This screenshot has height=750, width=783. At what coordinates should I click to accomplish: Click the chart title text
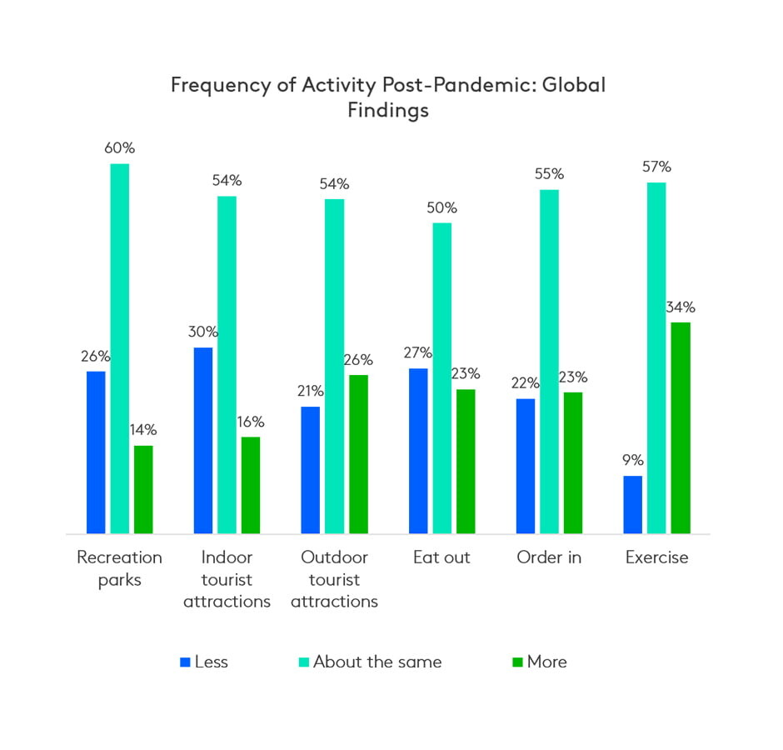click(x=387, y=97)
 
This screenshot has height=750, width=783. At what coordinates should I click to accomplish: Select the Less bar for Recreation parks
click(x=96, y=452)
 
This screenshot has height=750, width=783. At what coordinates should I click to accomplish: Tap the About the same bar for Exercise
click(x=656, y=357)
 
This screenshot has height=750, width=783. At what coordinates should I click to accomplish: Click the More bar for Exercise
click(x=681, y=427)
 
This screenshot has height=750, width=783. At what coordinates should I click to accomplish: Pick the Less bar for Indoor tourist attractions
click(x=202, y=440)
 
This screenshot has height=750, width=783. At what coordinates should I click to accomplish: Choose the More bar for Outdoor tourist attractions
click(x=358, y=454)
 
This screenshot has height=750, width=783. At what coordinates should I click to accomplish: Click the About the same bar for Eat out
click(x=441, y=377)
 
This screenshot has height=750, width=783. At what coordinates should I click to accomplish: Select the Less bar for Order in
click(x=526, y=466)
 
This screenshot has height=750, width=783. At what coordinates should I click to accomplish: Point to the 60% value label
click(x=120, y=148)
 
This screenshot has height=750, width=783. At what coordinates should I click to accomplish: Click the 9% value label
click(x=632, y=460)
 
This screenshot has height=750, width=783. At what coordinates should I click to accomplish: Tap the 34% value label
click(x=681, y=307)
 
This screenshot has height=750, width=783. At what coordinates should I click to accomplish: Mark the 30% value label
click(x=202, y=332)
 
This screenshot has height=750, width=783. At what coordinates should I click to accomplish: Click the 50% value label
click(x=441, y=207)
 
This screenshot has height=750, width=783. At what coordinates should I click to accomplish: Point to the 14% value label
click(x=142, y=430)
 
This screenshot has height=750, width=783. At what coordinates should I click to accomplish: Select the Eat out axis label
click(x=441, y=557)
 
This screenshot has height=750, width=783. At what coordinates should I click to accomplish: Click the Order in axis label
click(x=549, y=557)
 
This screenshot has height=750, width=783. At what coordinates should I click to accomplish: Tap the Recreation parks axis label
click(x=119, y=568)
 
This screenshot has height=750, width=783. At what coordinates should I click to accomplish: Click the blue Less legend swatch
click(x=184, y=662)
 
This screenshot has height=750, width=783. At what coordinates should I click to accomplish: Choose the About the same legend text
click(x=377, y=662)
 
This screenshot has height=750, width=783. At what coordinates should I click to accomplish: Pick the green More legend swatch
click(x=517, y=662)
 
